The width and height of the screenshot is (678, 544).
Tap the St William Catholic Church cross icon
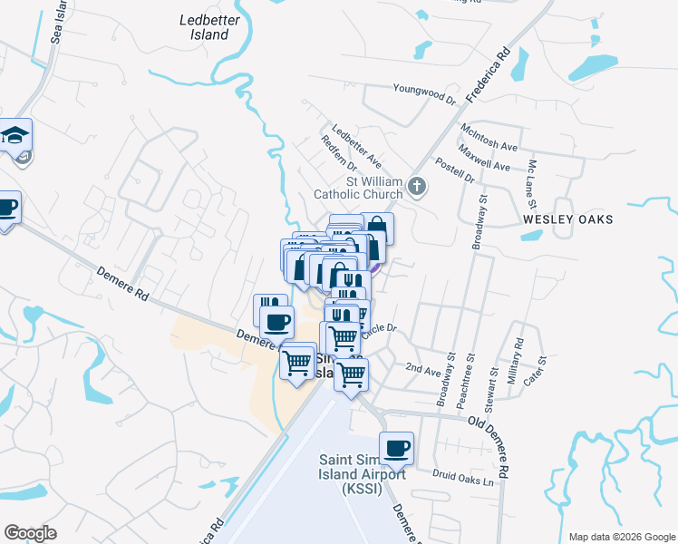pos(417,187)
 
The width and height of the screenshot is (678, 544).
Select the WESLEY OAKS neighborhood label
pos(568,219)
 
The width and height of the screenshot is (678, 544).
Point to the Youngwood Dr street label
pos(423,89)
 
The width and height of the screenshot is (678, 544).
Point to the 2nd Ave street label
pos(422,369)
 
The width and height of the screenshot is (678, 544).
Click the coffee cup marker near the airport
pos(397,447)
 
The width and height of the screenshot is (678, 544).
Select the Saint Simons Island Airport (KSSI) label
pos(356,473)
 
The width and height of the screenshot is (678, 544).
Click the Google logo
pos(30,533)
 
